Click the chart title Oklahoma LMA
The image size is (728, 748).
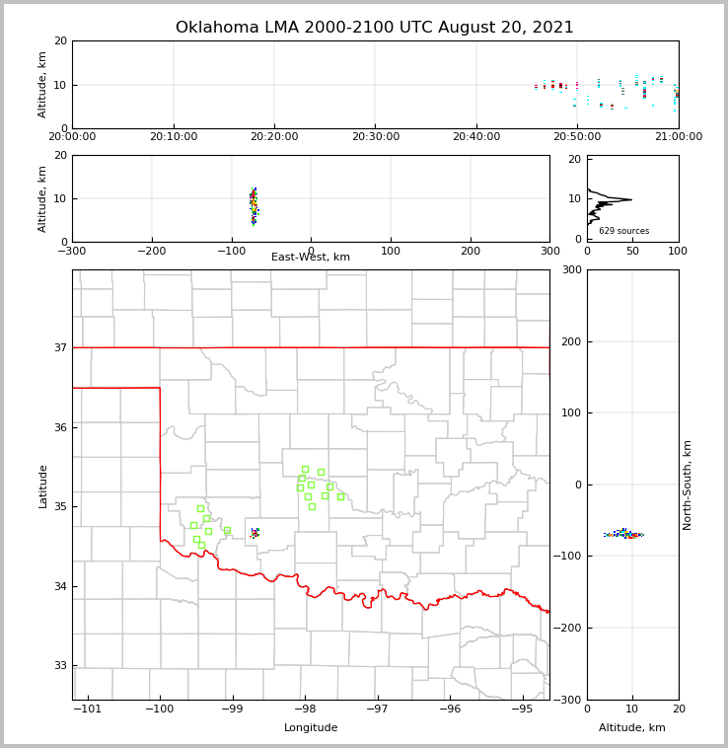374,28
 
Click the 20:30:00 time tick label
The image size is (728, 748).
375,136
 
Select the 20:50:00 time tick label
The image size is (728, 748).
577,136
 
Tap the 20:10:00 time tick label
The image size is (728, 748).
173,136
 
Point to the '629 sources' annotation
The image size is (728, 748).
623,231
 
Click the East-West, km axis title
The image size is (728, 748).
311,258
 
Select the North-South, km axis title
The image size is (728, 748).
688,485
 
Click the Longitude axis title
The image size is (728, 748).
311,728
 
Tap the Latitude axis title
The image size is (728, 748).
42,486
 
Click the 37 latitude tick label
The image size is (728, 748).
59,347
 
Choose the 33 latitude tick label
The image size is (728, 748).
59,666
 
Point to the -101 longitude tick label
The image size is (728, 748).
89,709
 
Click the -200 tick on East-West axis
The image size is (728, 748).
151,251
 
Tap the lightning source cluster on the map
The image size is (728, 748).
255,533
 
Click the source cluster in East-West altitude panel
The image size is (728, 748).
254,205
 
